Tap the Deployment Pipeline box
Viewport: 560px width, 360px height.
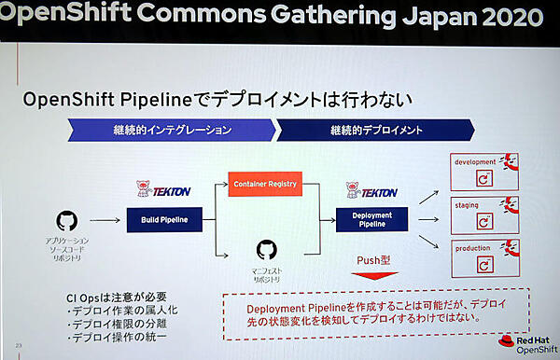click(x=371, y=220)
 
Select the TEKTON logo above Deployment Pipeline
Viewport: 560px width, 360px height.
click(x=371, y=191)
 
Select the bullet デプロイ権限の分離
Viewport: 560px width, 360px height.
click(x=119, y=324)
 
